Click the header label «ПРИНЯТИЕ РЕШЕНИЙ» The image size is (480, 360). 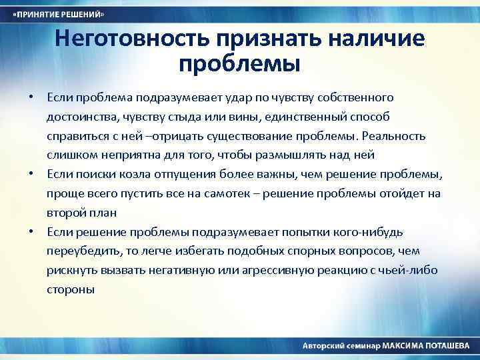pyautogui.click(x=59, y=14)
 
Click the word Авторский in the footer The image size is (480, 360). pyautogui.click(x=323, y=347)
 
